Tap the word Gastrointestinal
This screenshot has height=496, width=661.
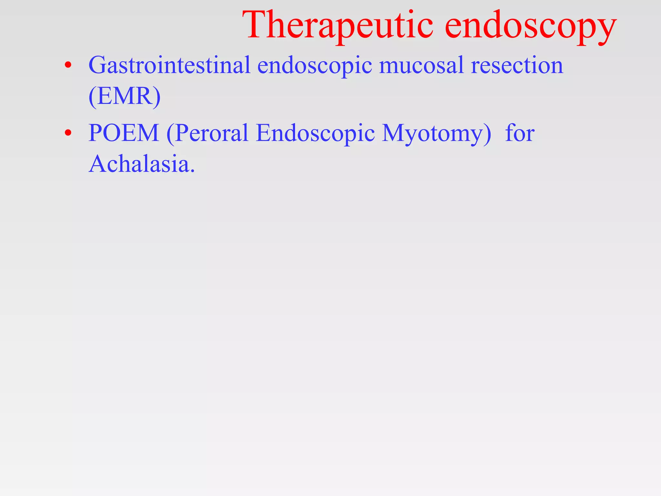[x=169, y=65]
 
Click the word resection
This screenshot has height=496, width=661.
[x=517, y=65]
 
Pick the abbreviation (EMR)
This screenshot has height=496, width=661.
[x=124, y=96]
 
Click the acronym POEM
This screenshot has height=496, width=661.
[x=124, y=133]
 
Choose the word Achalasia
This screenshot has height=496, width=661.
[x=139, y=164]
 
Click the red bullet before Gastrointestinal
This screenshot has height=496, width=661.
[x=68, y=66]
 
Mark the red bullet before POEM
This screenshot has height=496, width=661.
[x=68, y=133]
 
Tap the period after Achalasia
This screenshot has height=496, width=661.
[x=193, y=171]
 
